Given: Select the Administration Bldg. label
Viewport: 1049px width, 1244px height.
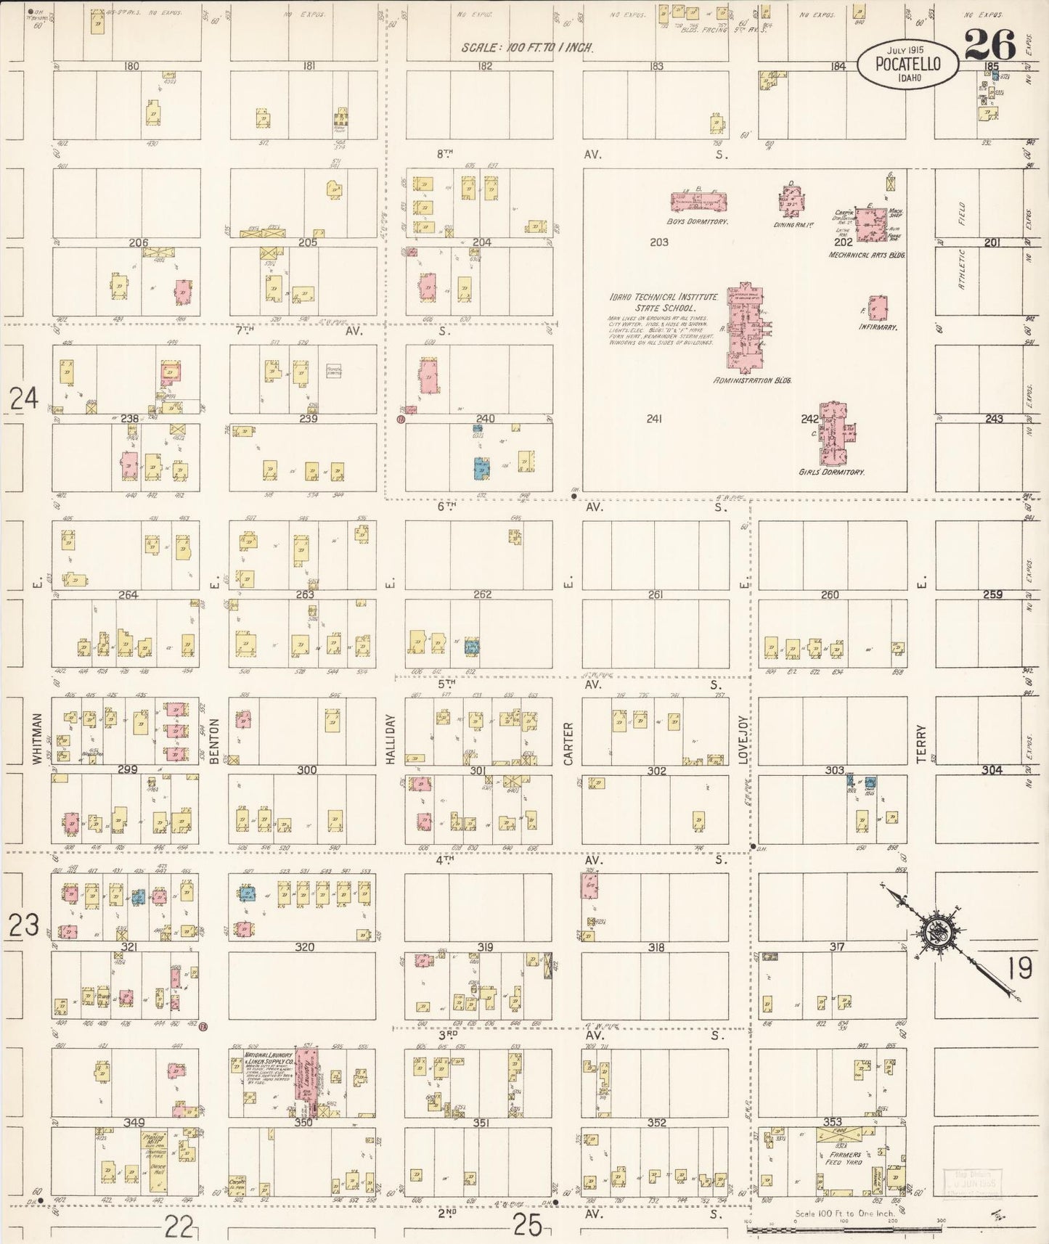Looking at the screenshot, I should (x=751, y=380).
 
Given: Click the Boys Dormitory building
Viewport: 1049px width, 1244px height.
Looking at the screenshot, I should (x=698, y=201).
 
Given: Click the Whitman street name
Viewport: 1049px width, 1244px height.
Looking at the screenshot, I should (x=36, y=737).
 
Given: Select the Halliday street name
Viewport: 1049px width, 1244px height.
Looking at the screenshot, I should (x=390, y=739).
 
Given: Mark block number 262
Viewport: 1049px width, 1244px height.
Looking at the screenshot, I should (x=483, y=594).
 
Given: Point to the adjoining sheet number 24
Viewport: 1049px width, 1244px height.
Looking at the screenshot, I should (x=23, y=398).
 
